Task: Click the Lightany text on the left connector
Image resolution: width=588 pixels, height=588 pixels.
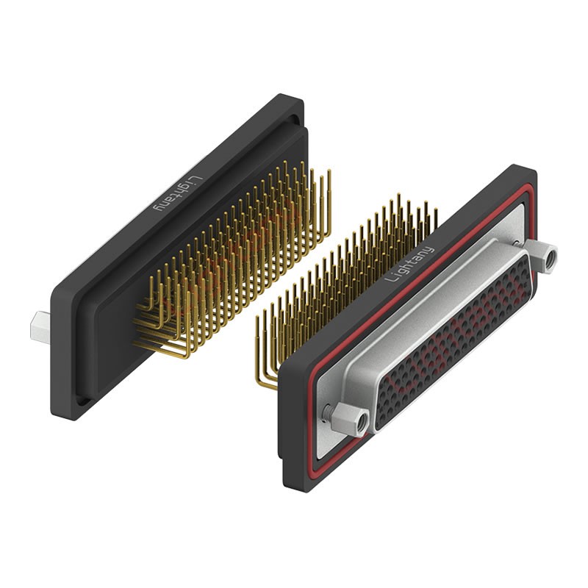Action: [179, 193]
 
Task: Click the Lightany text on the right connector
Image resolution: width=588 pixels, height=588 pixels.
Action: [409, 265]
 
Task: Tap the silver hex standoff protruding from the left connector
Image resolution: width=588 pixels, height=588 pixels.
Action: [40, 327]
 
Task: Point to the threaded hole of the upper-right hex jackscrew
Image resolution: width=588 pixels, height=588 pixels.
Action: [551, 259]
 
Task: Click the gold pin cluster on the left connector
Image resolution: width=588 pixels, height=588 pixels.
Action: [232, 259]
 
